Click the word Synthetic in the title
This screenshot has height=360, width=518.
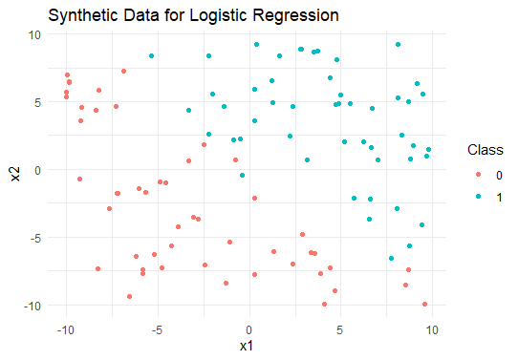point(82,16)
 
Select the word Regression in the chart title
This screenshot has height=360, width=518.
point(295,16)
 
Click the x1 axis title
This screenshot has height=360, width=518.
point(247,346)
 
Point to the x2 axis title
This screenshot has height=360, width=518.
point(15,174)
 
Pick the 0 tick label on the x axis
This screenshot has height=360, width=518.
point(248,330)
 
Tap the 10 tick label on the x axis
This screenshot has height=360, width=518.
point(432,330)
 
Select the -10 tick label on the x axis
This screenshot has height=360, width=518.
point(65,330)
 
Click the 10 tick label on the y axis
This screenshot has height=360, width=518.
point(34,34)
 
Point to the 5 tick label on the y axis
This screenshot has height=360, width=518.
point(37,102)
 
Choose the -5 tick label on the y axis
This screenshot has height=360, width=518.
point(34,238)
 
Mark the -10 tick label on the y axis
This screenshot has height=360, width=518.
point(32,306)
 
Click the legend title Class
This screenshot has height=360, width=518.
point(485,150)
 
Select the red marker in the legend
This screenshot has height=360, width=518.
point(478,174)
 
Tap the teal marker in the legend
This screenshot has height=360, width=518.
point(478,197)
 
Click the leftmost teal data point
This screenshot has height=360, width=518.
point(151,55)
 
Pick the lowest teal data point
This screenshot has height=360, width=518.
point(391,258)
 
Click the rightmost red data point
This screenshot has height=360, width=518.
point(424,304)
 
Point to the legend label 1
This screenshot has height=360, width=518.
point(499,198)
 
